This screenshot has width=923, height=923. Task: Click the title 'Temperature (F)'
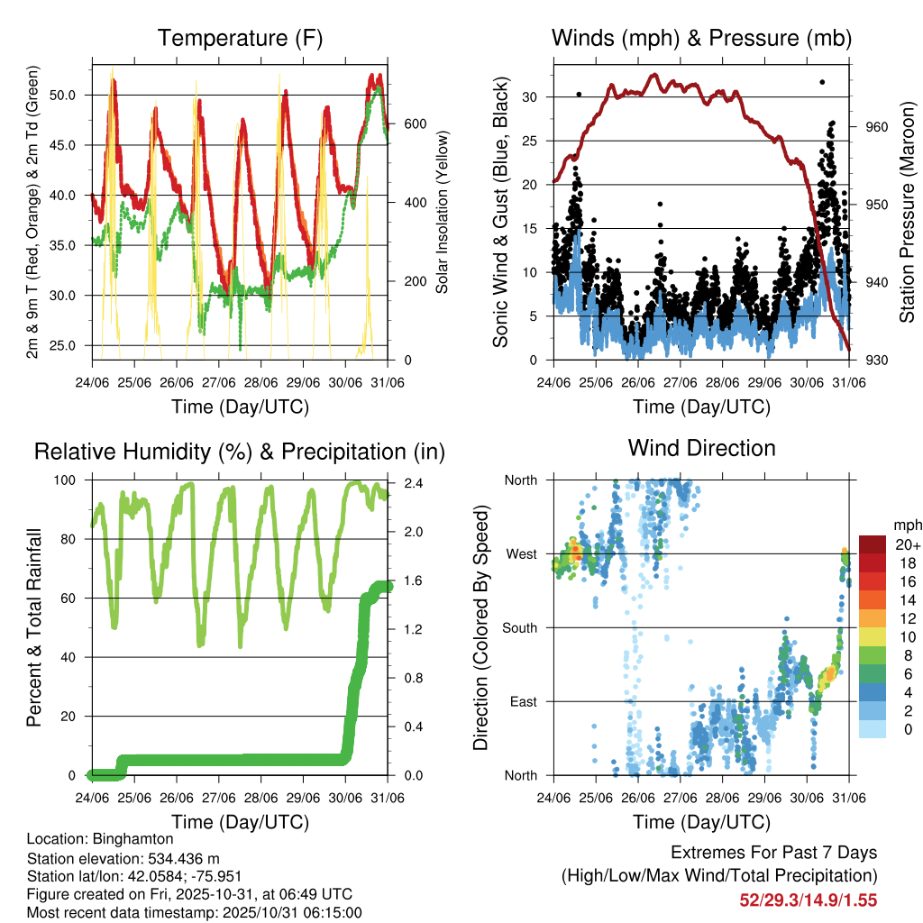[239, 38]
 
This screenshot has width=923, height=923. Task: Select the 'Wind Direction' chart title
[701, 448]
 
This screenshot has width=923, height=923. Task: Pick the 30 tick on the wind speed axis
[530, 96]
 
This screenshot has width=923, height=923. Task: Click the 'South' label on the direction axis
[521, 627]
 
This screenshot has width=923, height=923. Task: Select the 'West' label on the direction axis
[523, 553]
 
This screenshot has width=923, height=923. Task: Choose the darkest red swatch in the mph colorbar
[873, 544]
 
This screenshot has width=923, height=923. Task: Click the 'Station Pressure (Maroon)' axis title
[908, 211]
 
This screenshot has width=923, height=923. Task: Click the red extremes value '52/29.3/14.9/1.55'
[808, 900]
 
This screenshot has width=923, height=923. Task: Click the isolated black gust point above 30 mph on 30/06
[821, 82]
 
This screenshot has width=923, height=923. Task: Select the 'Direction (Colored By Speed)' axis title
[480, 627]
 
